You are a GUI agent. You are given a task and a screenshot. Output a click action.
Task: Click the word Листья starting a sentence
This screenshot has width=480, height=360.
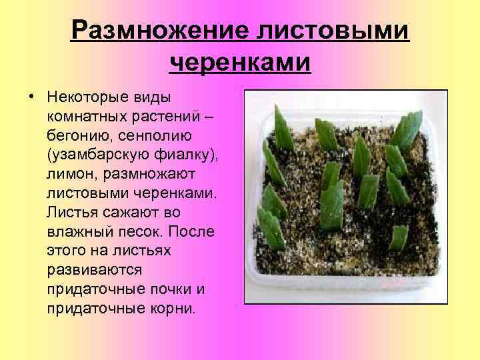pyautogui.click(x=72, y=213)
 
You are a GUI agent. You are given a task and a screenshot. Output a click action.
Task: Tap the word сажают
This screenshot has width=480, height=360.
pyautogui.click(x=134, y=213)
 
